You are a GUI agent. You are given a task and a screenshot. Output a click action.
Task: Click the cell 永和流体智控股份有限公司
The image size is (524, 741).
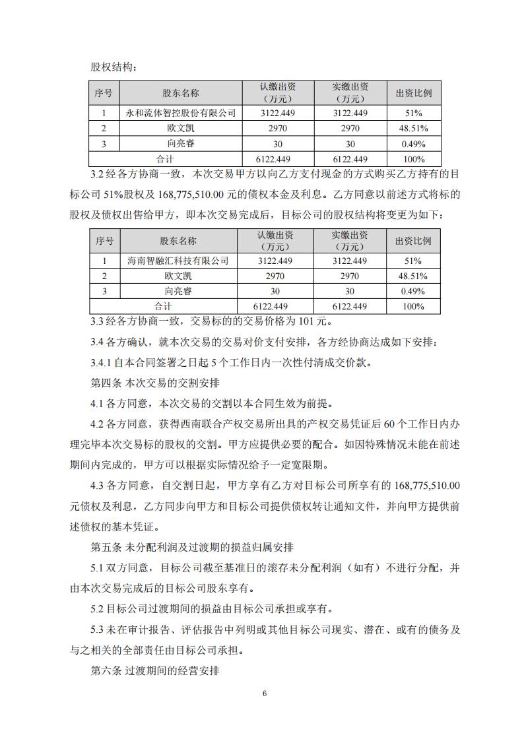coord(180,113)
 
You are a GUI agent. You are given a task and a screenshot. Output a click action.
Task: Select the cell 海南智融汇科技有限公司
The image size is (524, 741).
coord(178,261)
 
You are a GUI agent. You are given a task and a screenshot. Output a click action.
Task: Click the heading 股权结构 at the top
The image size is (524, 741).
coord(114,67)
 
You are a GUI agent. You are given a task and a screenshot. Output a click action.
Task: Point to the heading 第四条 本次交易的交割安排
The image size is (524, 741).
coord(154,383)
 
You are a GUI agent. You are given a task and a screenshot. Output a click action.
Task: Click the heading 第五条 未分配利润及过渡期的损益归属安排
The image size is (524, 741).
coord(191,548)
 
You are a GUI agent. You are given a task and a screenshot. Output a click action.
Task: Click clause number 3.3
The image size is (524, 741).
coord(98,322)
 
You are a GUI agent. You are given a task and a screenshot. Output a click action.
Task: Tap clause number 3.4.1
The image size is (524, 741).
coord(102,362)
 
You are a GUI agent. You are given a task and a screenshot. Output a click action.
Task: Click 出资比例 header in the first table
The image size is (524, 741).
coord(414,93)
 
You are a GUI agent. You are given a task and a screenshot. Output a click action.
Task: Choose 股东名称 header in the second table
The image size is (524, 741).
coord(178,241)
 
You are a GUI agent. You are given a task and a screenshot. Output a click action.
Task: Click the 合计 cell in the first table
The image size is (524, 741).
coord(164,159)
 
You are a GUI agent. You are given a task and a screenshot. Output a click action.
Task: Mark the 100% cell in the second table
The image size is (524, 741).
coord(414,306)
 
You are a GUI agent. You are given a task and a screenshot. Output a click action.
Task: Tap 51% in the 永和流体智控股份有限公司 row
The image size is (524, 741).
coord(414,113)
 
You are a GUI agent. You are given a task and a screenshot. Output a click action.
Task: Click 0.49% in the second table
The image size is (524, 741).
coord(414,291)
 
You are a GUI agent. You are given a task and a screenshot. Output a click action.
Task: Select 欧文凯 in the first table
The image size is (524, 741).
coord(180,128)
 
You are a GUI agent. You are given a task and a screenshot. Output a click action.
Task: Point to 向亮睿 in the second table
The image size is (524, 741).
coord(178,291)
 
